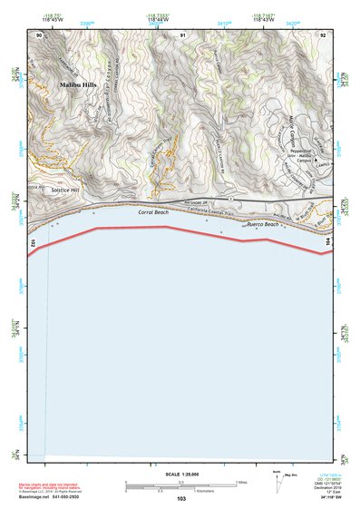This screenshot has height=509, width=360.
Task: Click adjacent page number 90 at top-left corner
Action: pos(39,34)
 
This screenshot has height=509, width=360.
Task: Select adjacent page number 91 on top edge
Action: pos(182,34)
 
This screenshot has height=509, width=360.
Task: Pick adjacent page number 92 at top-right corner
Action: pos(325,34)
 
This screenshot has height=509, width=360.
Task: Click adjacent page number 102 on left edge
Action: pos(33,244)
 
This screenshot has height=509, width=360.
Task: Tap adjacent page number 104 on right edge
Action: pos(328,244)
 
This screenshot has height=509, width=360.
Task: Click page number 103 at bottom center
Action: pos(181,499)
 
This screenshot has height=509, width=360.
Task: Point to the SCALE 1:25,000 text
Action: pos(180,474)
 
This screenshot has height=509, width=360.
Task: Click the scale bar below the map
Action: pos(180,484)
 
